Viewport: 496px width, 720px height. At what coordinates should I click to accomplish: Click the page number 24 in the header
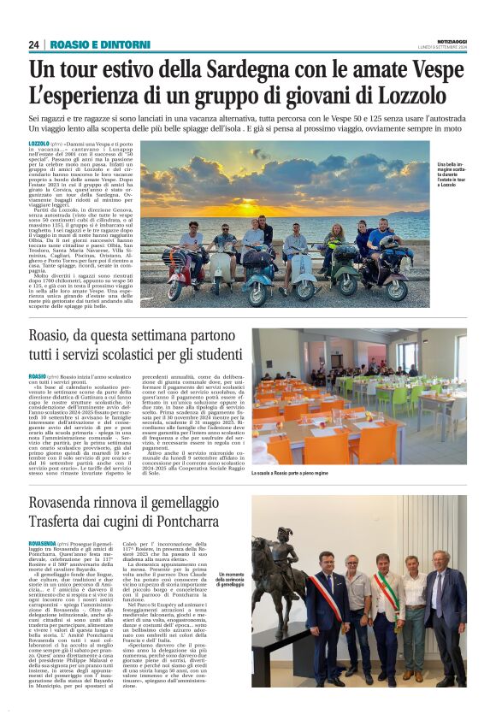click(x=33, y=44)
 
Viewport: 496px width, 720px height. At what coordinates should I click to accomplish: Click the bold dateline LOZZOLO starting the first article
click(x=38, y=144)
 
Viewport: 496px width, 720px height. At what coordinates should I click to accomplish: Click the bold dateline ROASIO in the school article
click(x=38, y=376)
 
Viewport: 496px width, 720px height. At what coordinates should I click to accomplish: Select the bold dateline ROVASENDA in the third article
click(x=42, y=543)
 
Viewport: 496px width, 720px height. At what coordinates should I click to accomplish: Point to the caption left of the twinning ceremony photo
click(x=231, y=578)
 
